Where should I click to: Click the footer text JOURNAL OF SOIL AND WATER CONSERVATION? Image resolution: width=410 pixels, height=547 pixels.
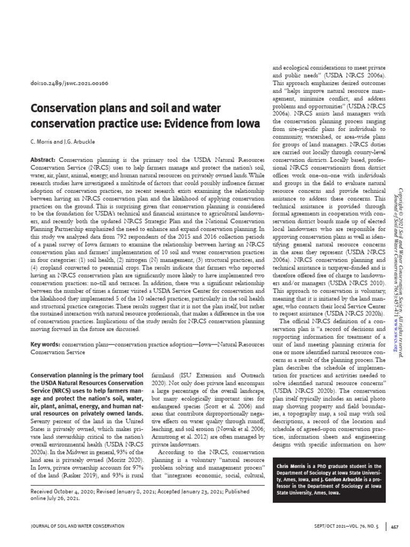[x=78, y=527]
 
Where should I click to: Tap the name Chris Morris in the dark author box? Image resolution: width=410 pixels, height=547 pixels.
[x=293, y=466]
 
